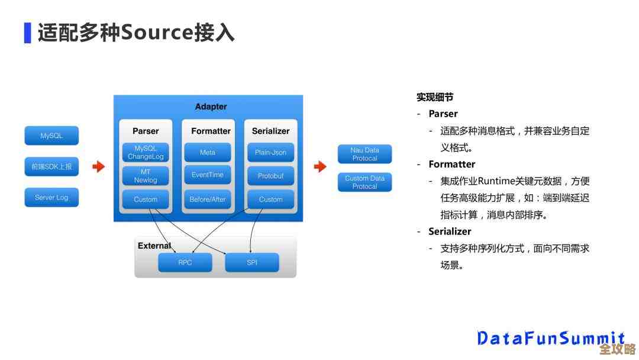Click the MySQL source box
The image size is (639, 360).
point(51,136)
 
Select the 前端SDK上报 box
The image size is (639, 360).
point(51,167)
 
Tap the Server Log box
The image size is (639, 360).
point(51,198)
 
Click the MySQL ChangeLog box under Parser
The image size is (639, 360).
point(146,153)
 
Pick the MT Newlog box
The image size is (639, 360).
point(146,176)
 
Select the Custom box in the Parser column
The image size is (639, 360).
point(146,200)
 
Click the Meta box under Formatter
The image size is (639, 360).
point(208,152)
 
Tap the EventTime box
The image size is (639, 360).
point(208,175)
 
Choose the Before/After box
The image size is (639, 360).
point(208,200)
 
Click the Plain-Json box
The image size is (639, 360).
point(270,152)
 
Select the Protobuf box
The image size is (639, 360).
point(270,176)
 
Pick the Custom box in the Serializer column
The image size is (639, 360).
point(270,200)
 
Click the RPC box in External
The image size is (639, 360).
point(185,262)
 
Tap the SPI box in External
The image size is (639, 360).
point(252,262)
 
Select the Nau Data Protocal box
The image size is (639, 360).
point(365,155)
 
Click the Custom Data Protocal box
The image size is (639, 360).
point(365,182)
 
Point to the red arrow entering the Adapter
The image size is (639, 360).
point(99,167)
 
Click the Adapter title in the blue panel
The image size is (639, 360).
point(211,107)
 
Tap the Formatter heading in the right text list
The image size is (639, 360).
point(452,164)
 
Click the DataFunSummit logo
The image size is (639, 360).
point(550,338)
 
